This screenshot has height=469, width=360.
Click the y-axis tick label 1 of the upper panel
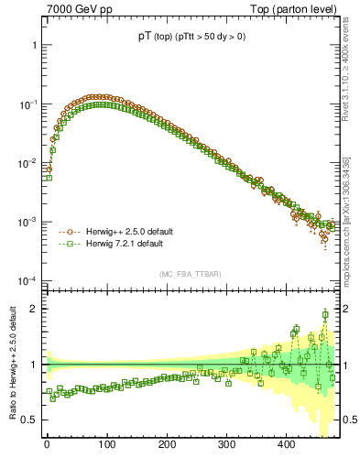click(x=34, y=45)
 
